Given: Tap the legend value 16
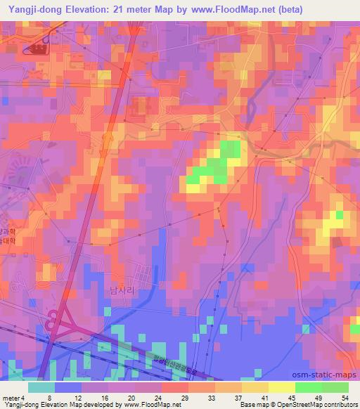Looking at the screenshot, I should (x=103, y=396).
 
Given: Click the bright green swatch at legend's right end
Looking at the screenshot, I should (x=335, y=387).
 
